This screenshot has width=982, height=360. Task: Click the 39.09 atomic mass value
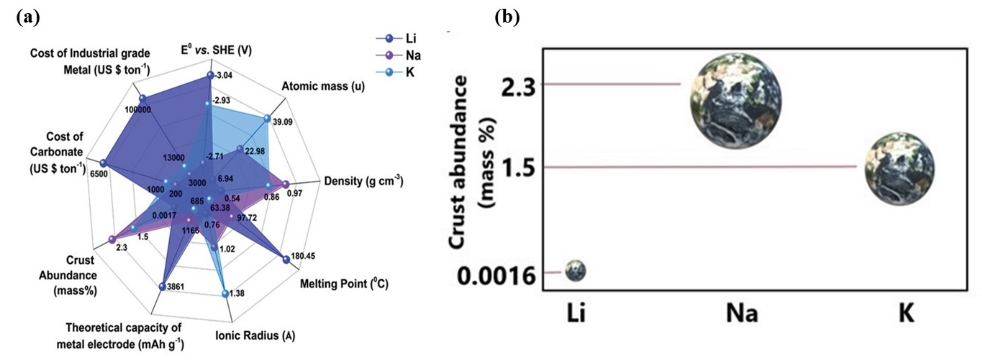coord(282,122)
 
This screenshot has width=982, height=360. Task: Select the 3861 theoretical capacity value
coord(176,286)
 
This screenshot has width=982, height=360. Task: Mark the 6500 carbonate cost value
coord(99,174)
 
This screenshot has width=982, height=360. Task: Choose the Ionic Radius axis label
coord(255,336)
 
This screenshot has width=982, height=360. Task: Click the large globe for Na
coord(736,101)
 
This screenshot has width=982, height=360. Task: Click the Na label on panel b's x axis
coord(741,314)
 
